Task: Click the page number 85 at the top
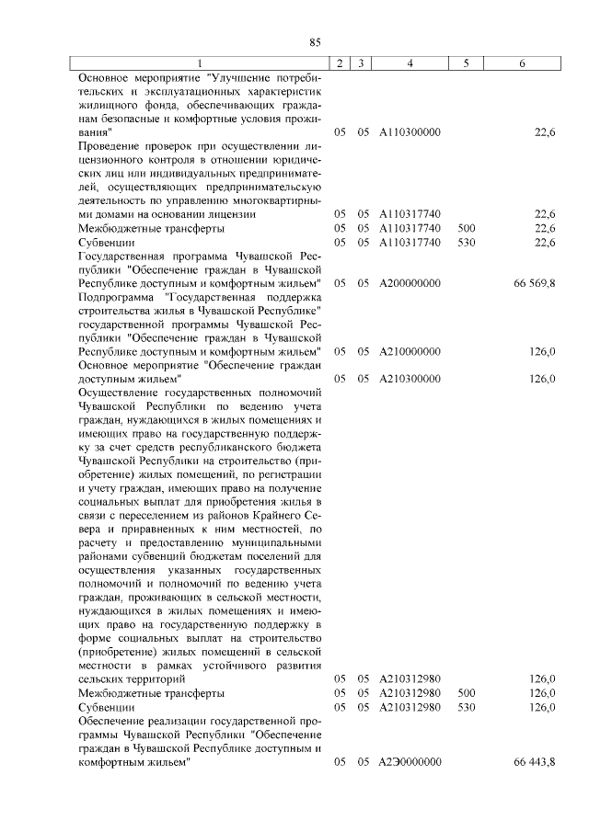pos(314,41)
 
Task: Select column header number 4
pos(410,63)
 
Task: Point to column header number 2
pos(340,63)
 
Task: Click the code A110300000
pos(410,132)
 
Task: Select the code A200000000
pos(410,282)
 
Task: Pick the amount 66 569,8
pos(535,282)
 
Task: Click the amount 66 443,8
pos(535,762)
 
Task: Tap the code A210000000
pos(410,351)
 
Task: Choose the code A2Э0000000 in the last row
pos(410,762)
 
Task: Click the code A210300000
pos(410,378)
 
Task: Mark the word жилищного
pos(108,105)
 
